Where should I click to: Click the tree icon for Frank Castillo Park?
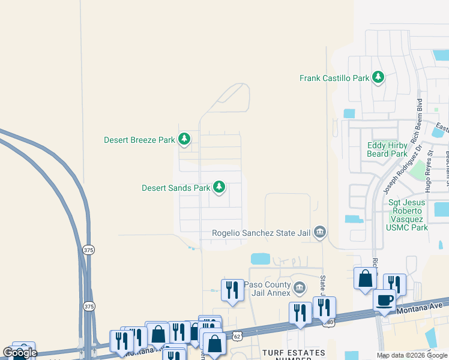coord(378,77)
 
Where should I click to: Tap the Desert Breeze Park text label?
coord(139,140)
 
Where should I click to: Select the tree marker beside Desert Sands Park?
coord(220,188)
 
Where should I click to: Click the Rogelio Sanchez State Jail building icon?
coord(320,232)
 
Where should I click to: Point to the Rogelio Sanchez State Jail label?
coord(262,233)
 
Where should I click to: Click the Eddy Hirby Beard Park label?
coord(387,149)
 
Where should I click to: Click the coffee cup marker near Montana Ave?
coord(384,301)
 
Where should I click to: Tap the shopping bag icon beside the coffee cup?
coord(365,279)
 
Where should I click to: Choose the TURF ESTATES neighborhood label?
coord(294,353)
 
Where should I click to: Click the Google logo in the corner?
coord(20,353)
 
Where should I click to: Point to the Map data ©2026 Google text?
coord(412,355)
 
